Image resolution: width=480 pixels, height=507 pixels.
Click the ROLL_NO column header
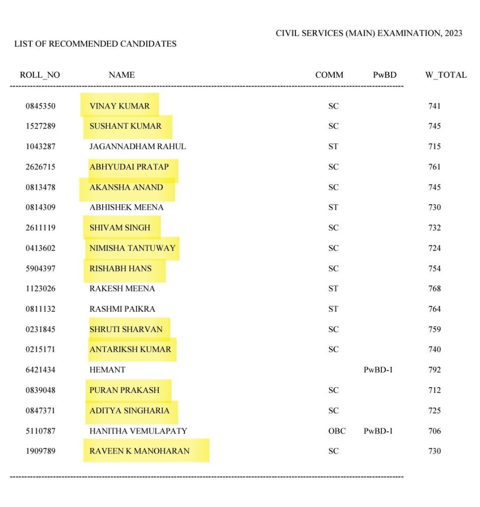tap(40, 75)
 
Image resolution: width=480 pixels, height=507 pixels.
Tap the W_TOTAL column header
tap(445, 75)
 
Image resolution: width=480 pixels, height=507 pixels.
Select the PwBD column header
tap(385, 75)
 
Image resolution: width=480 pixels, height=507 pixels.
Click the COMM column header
tap(329, 75)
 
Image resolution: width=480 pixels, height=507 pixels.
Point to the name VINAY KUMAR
tap(119, 106)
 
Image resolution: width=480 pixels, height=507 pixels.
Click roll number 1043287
tap(40, 147)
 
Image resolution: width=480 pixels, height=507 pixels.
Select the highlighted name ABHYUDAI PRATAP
tap(129, 167)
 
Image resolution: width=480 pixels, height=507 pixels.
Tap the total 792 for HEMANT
tap(434, 370)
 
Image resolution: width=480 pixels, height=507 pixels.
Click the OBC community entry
tap(337, 431)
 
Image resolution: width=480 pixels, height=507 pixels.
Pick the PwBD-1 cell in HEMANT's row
tap(378, 370)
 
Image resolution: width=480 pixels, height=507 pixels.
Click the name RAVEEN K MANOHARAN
tap(139, 451)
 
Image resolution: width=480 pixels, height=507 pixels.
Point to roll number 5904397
tap(40, 269)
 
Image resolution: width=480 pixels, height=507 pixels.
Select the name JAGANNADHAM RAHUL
tap(137, 147)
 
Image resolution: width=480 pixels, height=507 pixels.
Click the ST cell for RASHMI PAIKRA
tap(333, 309)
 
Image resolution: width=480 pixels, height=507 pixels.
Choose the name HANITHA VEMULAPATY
tap(138, 431)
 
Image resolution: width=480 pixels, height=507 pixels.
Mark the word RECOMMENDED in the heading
tap(77, 44)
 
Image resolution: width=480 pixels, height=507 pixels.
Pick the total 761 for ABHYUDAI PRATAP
tap(434, 167)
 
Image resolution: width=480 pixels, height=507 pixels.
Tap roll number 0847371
tap(40, 411)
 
